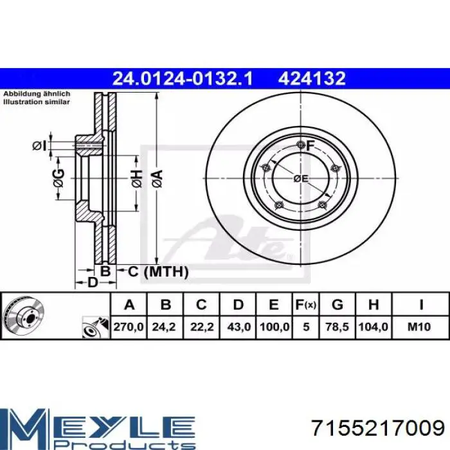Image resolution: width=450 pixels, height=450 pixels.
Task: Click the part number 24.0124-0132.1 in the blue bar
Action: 183,78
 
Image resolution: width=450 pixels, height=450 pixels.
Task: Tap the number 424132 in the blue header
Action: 312,78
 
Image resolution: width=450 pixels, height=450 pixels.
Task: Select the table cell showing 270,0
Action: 129,327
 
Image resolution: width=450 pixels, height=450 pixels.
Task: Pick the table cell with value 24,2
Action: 164,327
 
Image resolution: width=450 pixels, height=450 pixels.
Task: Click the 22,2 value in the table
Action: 202,327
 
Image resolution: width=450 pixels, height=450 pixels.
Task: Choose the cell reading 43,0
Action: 239,327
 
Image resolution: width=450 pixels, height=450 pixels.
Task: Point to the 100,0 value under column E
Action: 274,327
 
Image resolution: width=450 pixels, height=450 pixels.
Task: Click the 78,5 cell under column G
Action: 337,327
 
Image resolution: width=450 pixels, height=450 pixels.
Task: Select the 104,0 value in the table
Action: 373,327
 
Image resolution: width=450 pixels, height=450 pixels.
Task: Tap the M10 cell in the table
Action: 419,327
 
